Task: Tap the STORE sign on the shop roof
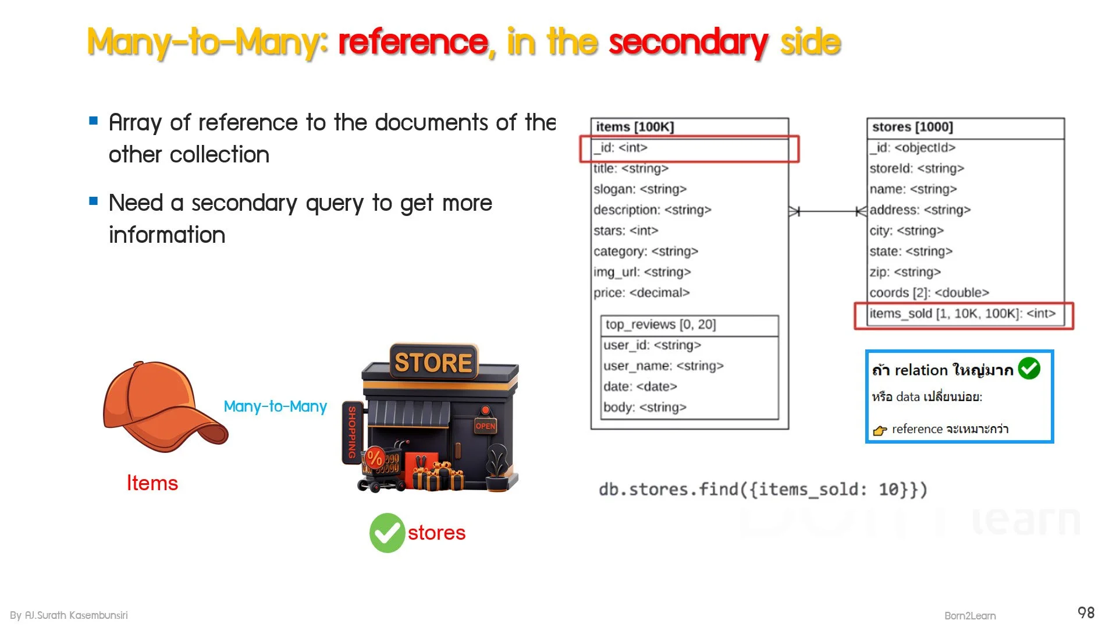point(433,362)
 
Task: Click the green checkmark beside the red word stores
point(387,533)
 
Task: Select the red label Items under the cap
point(152,483)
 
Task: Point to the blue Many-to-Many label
point(275,406)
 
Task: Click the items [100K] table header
point(635,127)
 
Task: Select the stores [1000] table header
point(912,127)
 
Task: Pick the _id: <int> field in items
point(621,148)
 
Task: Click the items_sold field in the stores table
point(962,314)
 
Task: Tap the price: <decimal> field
point(641,293)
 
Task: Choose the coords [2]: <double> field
point(929,293)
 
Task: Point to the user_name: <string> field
point(663,366)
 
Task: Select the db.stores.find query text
point(763,490)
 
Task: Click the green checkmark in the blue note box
point(1029,369)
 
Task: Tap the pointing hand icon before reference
point(879,430)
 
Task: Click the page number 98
point(1086,612)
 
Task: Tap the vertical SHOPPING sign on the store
point(351,433)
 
